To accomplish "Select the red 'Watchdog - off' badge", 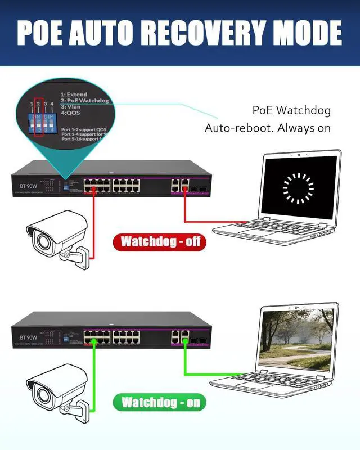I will (160, 242).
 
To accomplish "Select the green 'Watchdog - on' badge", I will (160, 402).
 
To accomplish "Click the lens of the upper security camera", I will (40, 240).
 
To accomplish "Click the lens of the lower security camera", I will (40, 393).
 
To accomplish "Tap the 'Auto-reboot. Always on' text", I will (267, 128).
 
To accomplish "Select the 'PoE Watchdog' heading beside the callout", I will (291, 110).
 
